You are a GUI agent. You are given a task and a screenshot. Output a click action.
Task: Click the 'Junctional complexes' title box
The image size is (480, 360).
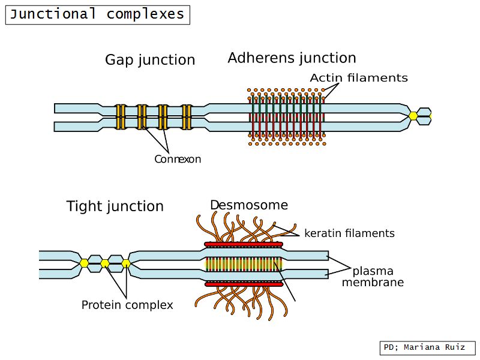98,14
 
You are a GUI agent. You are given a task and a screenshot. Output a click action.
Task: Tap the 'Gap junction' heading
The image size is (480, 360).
150,60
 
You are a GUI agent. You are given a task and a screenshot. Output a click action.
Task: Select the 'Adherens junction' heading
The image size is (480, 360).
292,58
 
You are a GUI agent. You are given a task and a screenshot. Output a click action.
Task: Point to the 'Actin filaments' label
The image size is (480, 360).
359,78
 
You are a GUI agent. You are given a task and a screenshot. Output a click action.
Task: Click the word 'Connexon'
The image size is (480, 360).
178,160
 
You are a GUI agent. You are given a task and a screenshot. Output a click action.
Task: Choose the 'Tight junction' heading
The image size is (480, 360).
115,206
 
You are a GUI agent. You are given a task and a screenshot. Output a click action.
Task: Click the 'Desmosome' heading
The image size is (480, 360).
248,205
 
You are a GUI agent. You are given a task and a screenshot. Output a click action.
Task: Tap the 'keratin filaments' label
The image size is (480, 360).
349,233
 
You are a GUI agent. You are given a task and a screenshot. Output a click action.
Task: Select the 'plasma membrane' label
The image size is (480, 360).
373,276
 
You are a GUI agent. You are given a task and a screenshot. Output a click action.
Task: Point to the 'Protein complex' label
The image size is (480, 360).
127,305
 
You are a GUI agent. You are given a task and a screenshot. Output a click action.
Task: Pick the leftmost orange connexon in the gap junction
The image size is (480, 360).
121,117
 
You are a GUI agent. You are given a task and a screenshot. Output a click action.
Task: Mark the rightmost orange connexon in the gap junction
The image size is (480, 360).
187,117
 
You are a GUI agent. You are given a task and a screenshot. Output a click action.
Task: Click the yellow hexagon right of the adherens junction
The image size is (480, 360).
413,116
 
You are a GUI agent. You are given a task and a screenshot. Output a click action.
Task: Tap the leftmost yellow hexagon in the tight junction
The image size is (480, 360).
85,263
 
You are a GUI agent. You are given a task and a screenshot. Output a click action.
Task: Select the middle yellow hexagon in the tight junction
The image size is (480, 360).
105,263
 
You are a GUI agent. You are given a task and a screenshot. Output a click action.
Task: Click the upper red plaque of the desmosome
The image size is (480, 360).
243,245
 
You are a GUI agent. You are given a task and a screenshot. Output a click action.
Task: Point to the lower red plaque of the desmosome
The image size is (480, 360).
243,283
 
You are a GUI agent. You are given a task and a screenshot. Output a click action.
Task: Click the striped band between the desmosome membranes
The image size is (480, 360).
243,264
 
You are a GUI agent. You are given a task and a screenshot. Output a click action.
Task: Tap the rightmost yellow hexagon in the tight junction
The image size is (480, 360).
125,263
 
